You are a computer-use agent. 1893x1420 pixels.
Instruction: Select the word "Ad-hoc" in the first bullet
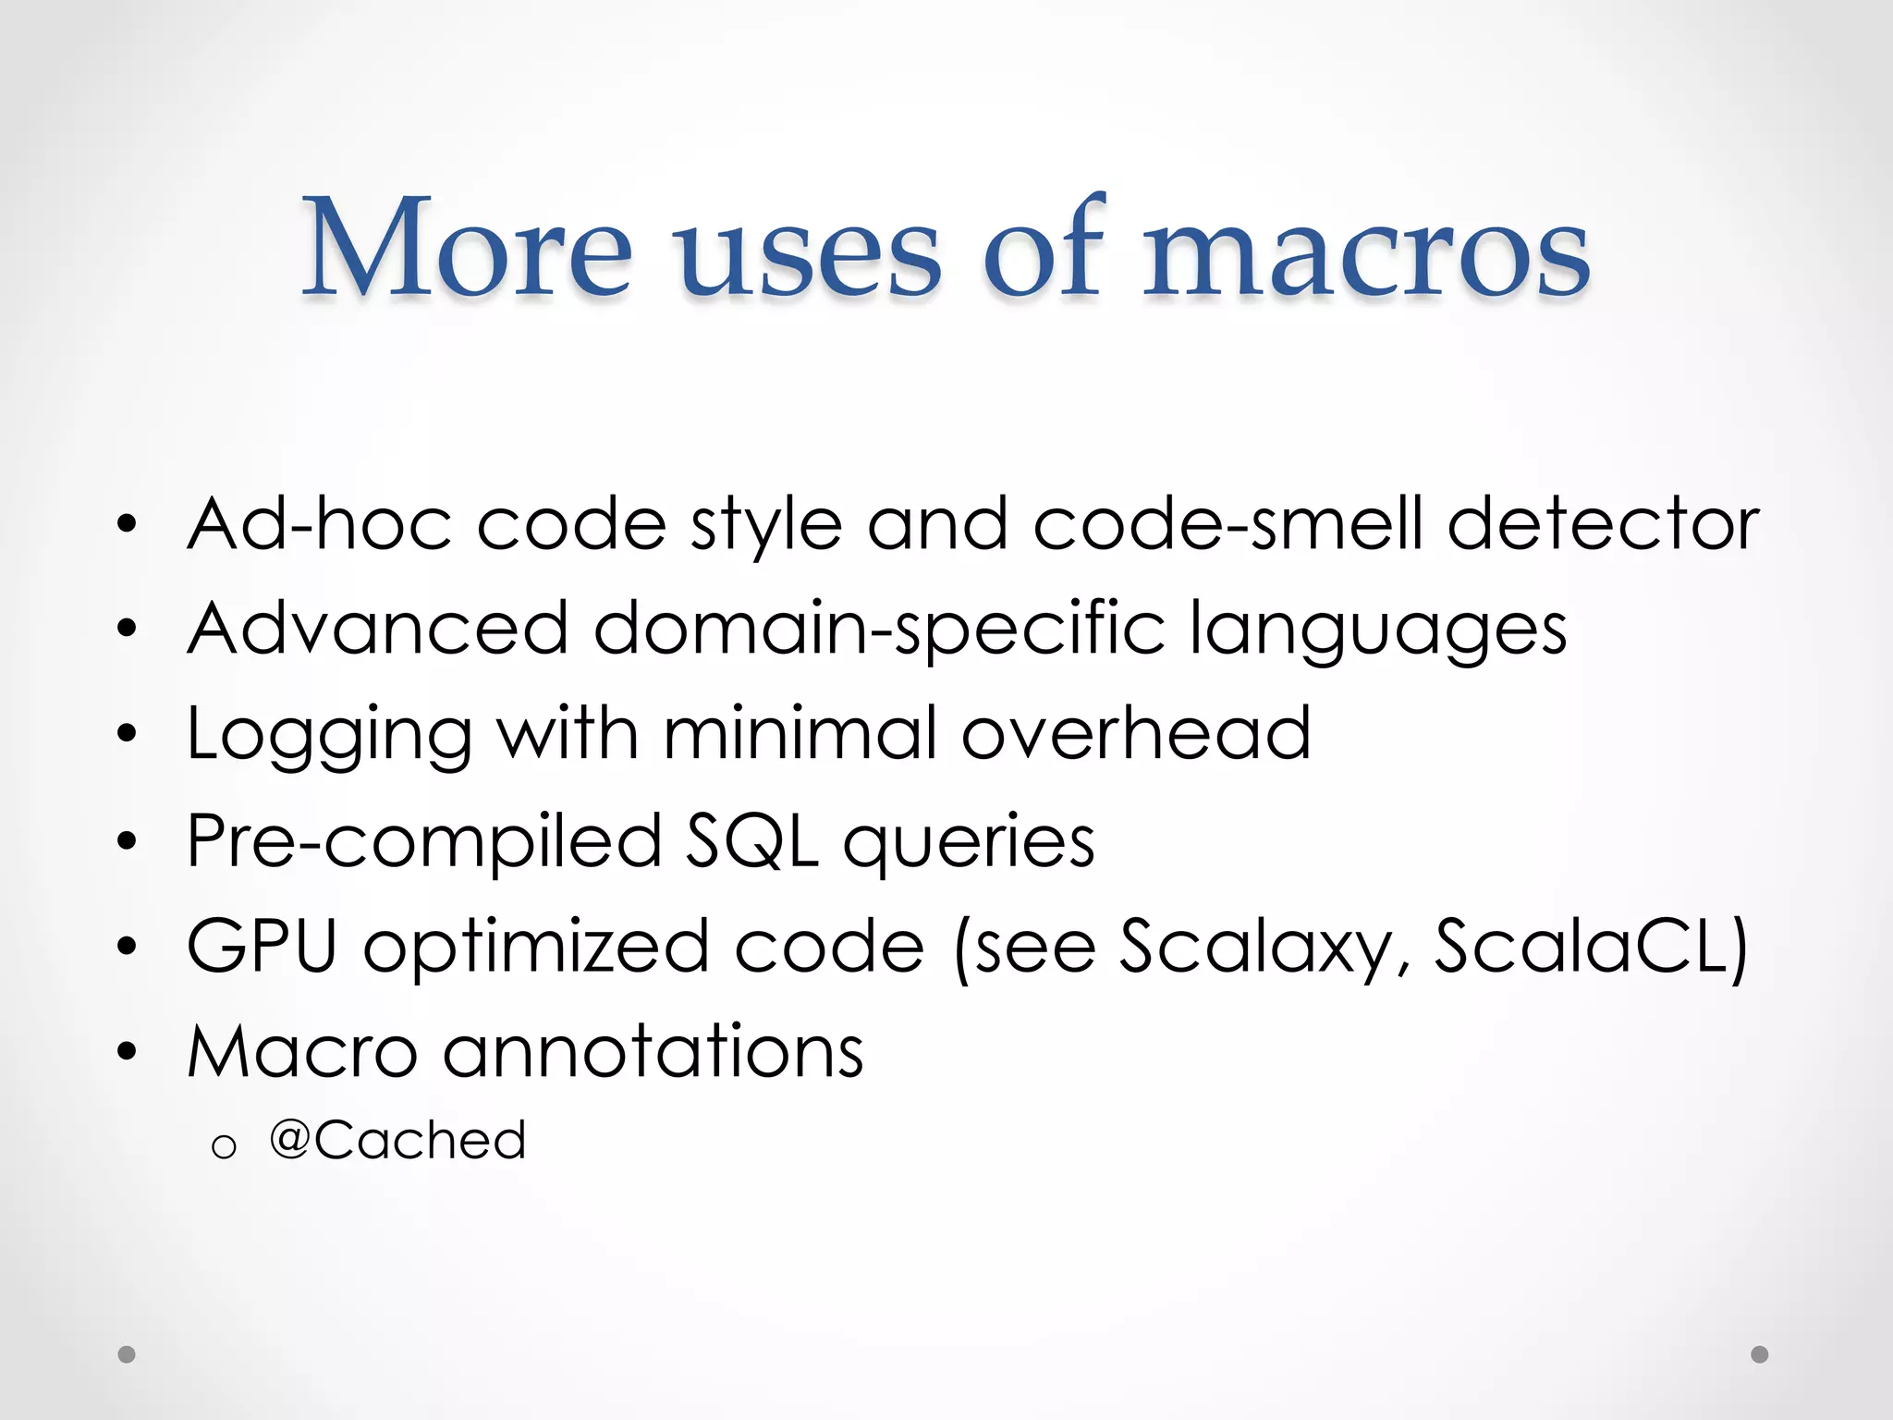[320, 524]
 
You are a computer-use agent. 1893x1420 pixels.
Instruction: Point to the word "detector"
[1603, 524]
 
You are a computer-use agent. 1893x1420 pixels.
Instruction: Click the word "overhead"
[1136, 734]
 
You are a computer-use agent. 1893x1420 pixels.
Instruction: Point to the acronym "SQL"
[751, 841]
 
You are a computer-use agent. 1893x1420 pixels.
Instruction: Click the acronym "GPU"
[262, 947]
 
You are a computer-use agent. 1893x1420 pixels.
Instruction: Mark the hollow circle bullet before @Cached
[224, 1147]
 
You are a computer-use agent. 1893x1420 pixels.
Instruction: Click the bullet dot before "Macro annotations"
[128, 1051]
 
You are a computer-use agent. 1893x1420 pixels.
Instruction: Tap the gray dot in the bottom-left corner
[128, 1354]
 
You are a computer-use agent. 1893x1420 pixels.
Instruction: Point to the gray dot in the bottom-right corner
[1760, 1354]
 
